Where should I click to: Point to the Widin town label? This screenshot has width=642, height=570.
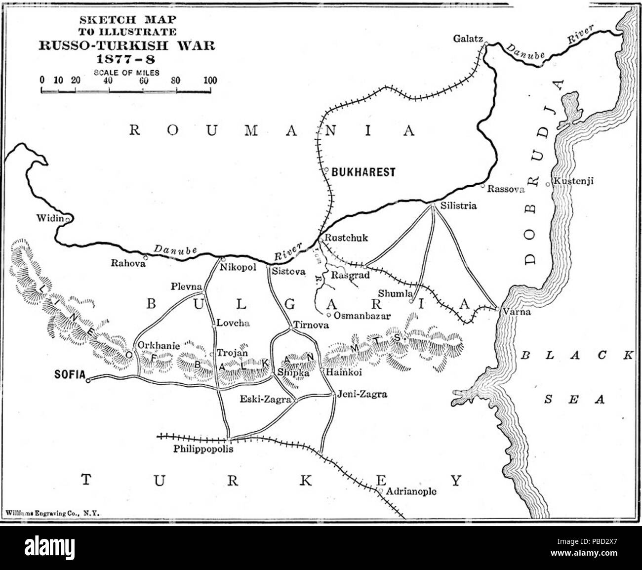coord(50,218)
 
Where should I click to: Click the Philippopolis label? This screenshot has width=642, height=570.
coord(202,450)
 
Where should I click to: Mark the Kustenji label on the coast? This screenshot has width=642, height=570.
coord(573,181)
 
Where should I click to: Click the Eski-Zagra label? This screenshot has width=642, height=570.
coord(265,400)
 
